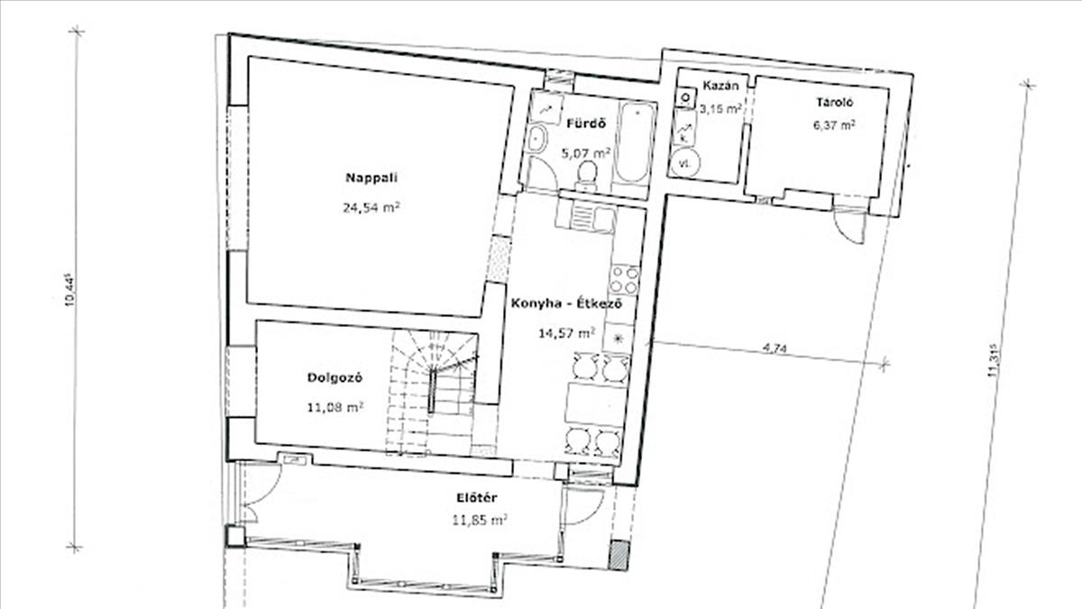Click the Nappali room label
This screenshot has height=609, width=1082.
pyautogui.click(x=371, y=177)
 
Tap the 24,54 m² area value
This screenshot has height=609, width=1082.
pyautogui.click(x=371, y=207)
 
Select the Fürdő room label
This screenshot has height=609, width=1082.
pyautogui.click(x=586, y=123)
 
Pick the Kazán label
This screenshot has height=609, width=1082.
pyautogui.click(x=720, y=86)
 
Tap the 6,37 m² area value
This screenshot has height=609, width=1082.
pyautogui.click(x=834, y=125)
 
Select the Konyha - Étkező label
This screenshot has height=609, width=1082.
pyautogui.click(x=566, y=304)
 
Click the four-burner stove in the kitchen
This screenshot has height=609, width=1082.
pyautogui.click(x=625, y=280)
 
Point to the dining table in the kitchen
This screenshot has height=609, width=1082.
pyautogui.click(x=595, y=404)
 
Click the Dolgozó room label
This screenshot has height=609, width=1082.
pyautogui.click(x=335, y=377)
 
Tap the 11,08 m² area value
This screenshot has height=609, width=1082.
pyautogui.click(x=335, y=407)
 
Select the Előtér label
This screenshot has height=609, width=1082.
pyautogui.click(x=477, y=497)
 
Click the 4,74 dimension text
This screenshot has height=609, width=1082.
pyautogui.click(x=775, y=348)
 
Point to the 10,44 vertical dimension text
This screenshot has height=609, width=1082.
pyautogui.click(x=69, y=290)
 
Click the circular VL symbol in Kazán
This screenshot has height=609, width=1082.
pyautogui.click(x=684, y=163)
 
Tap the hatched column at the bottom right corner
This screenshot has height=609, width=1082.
pyautogui.click(x=619, y=556)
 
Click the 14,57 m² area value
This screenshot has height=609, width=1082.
pyautogui.click(x=566, y=333)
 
